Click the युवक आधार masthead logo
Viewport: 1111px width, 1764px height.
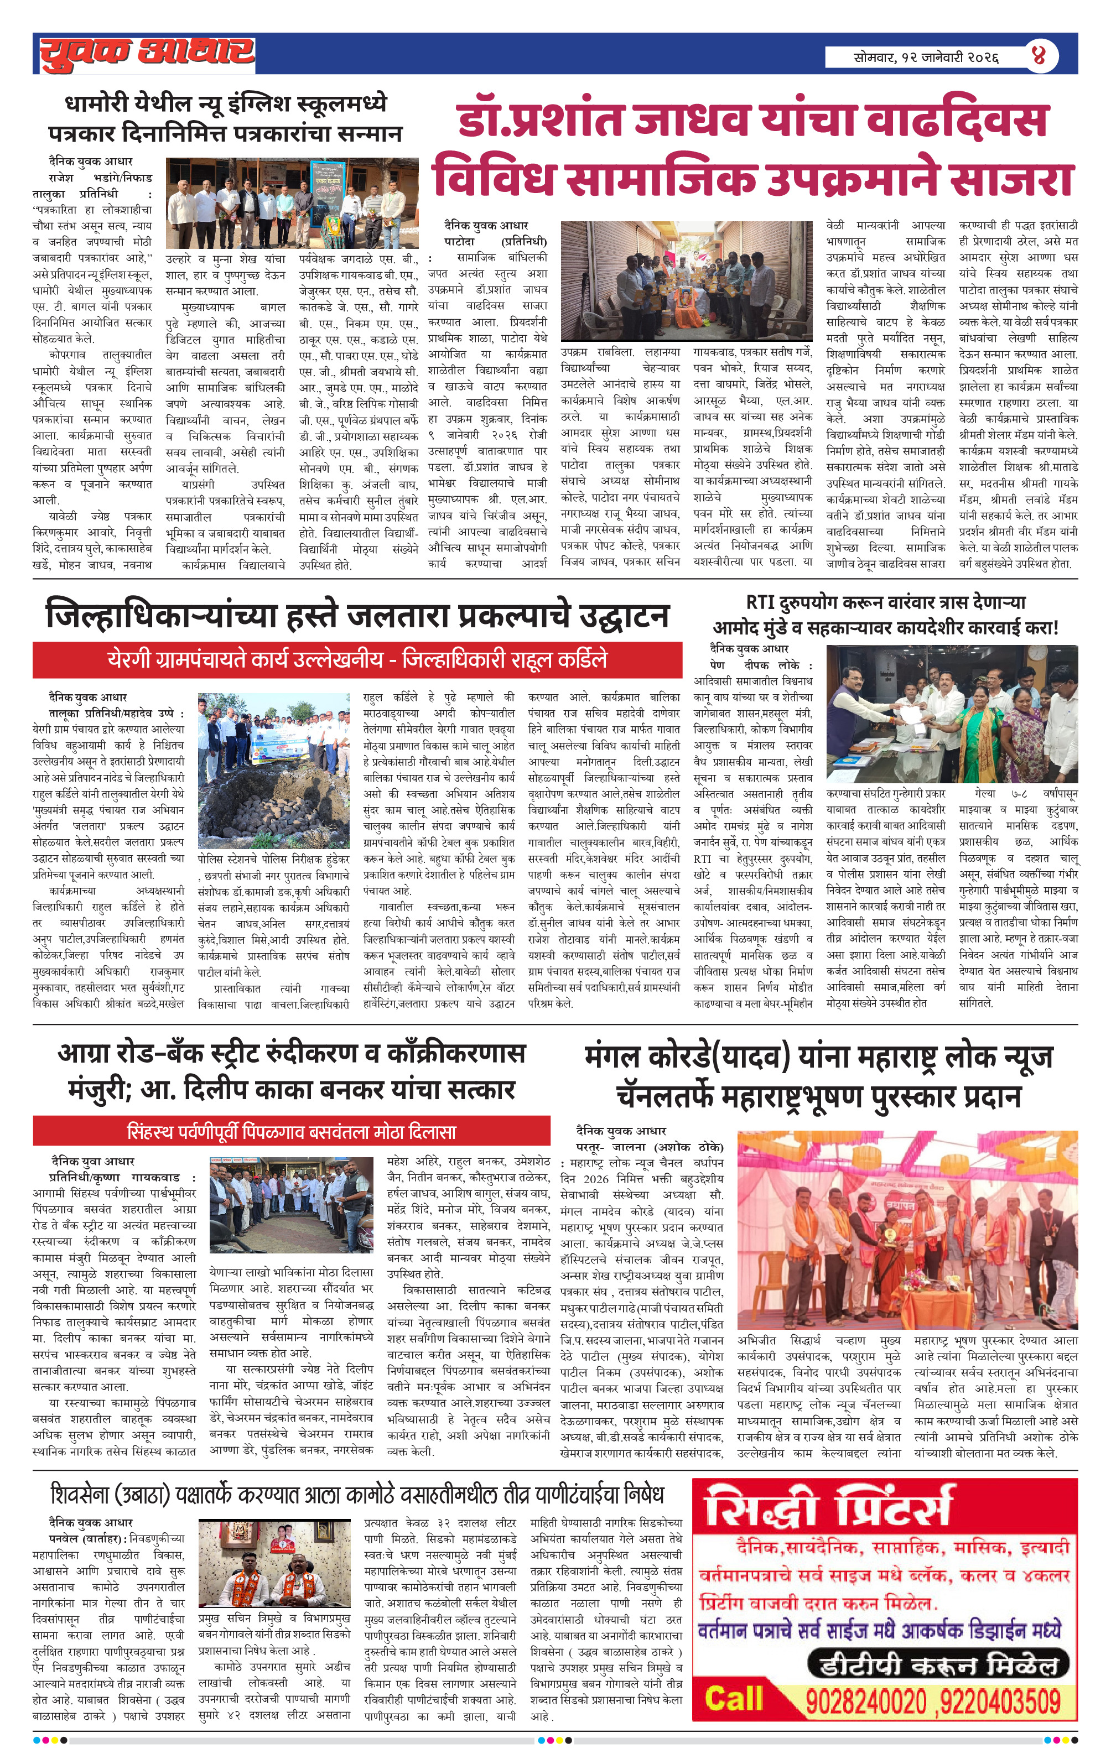[147, 53]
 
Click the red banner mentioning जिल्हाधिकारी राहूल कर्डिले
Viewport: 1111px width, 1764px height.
[357, 659]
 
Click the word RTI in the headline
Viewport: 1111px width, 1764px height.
[761, 602]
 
